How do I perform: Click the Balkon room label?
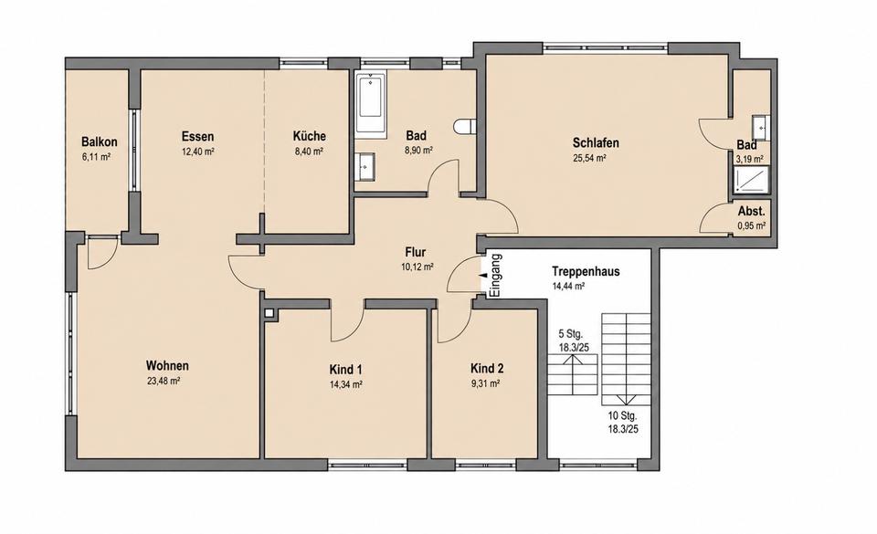99,141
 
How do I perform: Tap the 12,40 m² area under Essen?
198,152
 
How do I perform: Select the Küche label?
310,136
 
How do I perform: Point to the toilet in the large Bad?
465,127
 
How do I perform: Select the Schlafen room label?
596,142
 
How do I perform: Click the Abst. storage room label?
751,211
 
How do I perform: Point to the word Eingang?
495,276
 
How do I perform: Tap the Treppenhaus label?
586,271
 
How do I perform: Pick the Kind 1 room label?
345,369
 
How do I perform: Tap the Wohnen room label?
167,366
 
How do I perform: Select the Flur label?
416,252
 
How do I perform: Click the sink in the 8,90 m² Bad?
365,166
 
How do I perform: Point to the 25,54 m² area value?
590,158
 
